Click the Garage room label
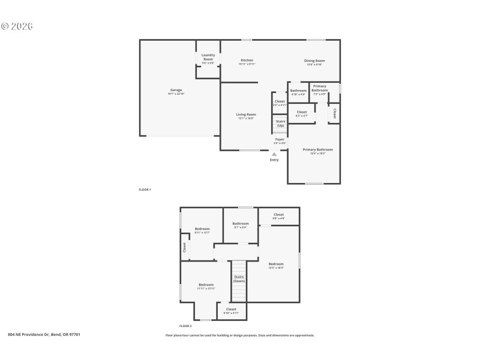point(175,90)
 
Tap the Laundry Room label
point(208,57)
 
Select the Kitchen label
point(247,60)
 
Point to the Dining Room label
point(315,61)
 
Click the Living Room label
point(245,114)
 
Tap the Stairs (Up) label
point(280,123)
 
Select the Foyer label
point(280,139)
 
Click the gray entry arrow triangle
point(274,154)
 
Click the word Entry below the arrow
point(274,160)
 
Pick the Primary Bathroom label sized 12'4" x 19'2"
point(317,149)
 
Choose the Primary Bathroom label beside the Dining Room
point(319,88)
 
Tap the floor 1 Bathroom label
point(298,91)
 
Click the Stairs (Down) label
point(239,278)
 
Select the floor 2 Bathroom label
point(240,223)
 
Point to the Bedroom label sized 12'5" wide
point(276,264)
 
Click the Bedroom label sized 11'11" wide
point(206,284)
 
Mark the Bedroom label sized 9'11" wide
point(202,229)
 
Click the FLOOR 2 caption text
point(185,326)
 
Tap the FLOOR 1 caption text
point(145,190)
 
